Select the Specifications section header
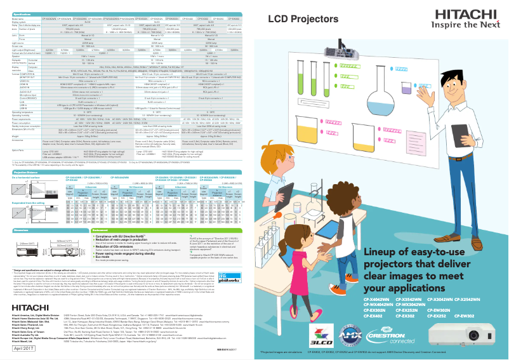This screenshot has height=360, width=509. [x=23, y=13]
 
